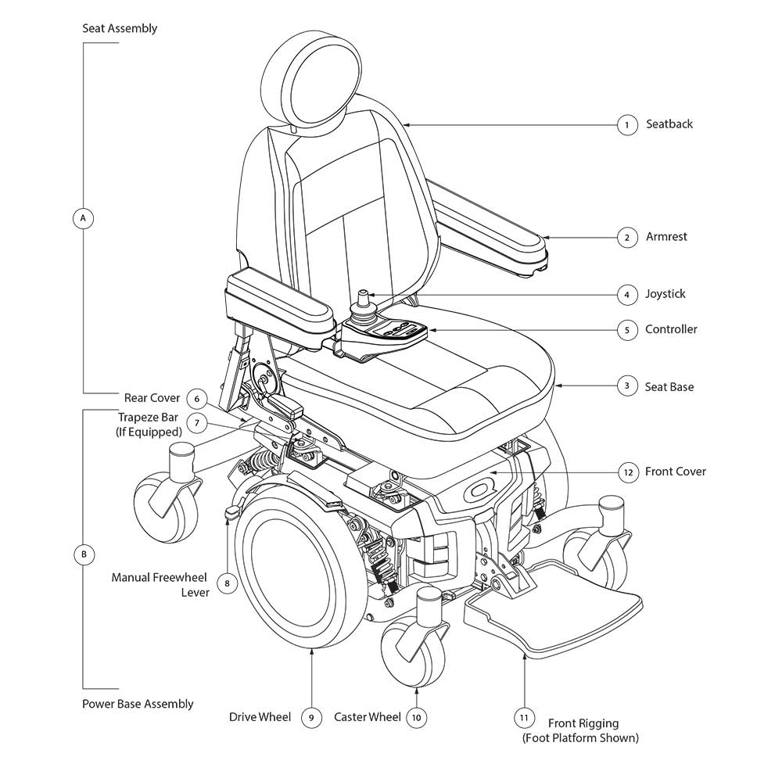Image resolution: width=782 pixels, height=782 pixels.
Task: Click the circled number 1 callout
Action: point(626,124)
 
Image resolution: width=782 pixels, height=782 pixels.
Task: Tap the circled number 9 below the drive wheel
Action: point(310,718)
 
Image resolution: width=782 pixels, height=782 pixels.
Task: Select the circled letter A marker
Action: point(83,218)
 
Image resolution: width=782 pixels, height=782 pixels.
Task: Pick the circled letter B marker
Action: point(83,554)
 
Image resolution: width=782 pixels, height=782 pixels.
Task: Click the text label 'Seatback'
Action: point(669,124)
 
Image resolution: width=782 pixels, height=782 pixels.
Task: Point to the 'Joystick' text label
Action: point(665,294)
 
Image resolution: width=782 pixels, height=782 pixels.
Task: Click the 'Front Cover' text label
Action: point(675,472)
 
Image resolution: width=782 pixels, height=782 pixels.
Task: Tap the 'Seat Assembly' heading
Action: point(120,29)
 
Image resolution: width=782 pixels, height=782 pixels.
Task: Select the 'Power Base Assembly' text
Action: point(138,704)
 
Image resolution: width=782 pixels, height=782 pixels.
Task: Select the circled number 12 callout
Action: point(627,472)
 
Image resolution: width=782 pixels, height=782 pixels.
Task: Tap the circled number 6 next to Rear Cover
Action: point(197,399)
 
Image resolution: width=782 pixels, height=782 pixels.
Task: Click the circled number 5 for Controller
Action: point(626,330)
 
